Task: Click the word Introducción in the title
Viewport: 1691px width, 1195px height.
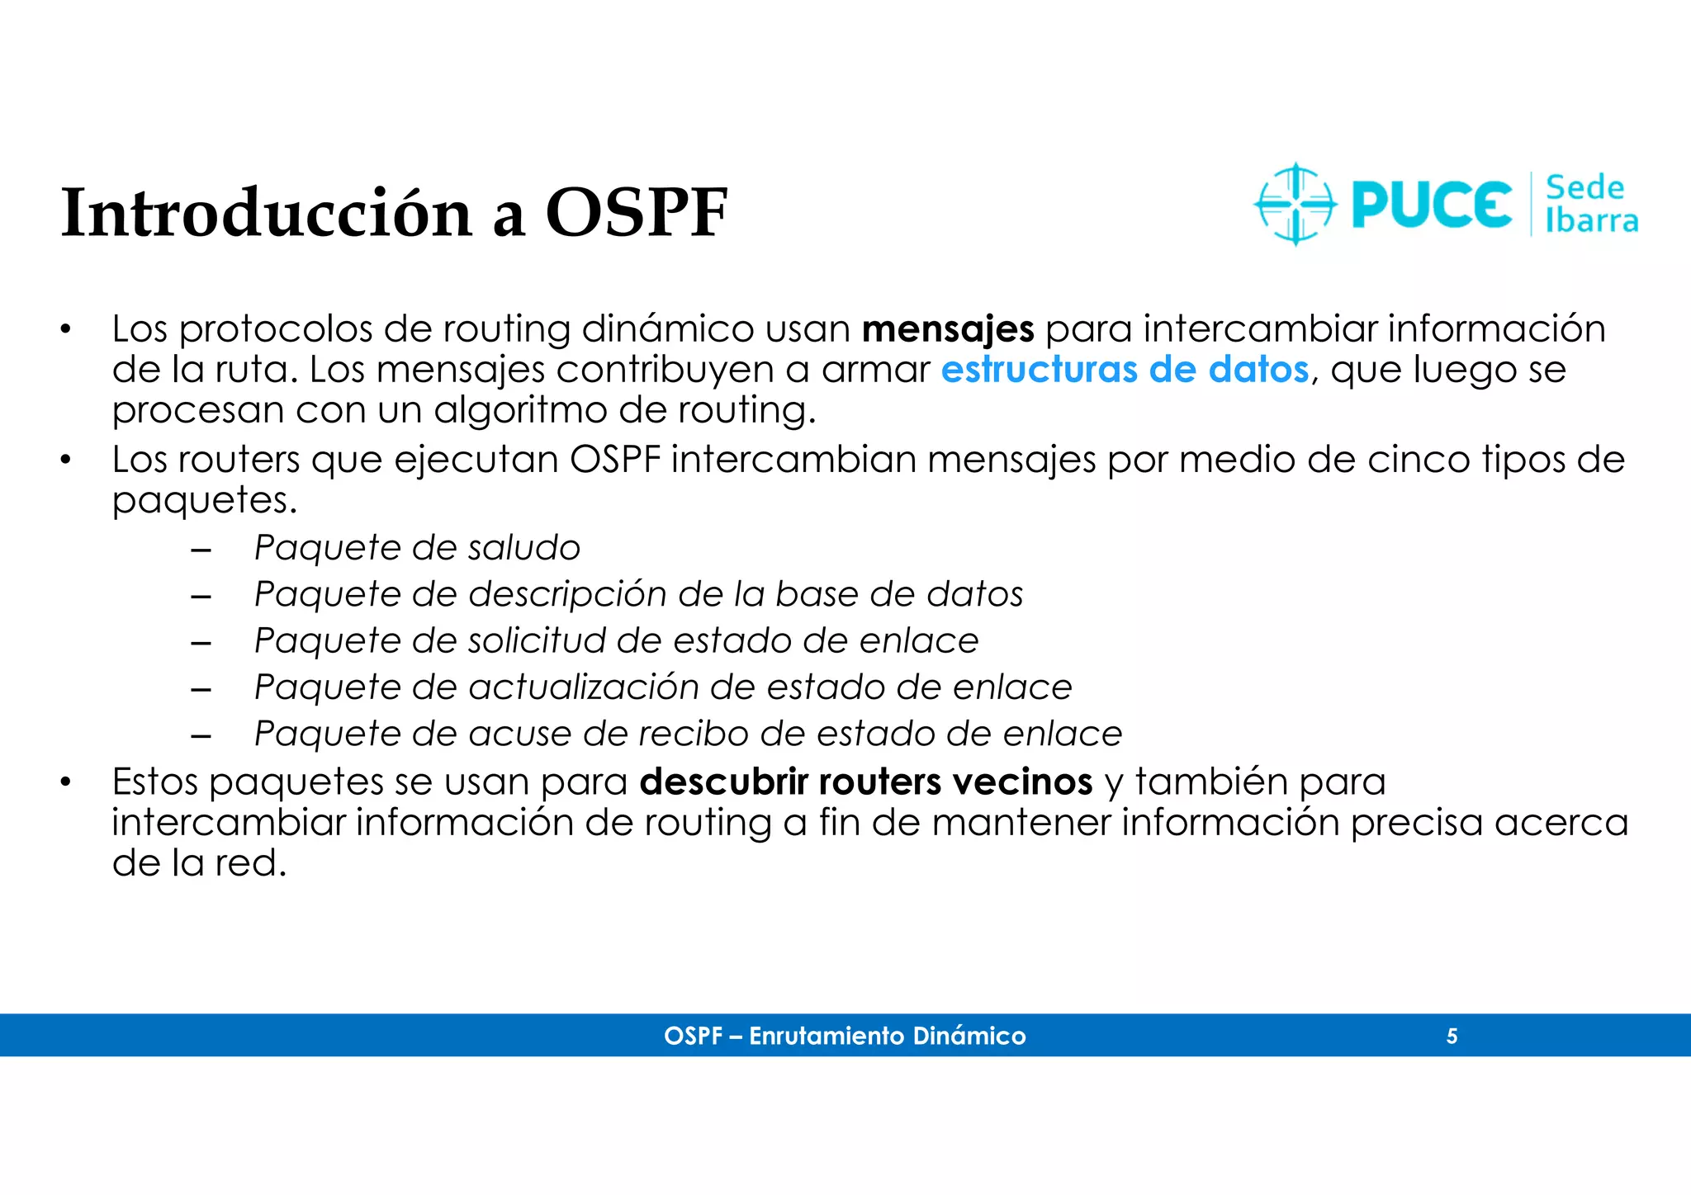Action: click(266, 213)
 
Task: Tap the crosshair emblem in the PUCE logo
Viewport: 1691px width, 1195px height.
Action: click(1295, 204)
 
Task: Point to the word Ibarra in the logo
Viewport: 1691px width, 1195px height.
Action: click(1591, 221)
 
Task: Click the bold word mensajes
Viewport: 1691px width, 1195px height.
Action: click(947, 329)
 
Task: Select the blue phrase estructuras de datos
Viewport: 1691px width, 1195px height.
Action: click(1125, 370)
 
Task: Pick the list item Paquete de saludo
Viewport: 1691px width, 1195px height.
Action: click(417, 548)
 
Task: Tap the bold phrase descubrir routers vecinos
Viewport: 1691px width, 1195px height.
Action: click(865, 782)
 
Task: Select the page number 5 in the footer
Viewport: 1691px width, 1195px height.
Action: click(1452, 1036)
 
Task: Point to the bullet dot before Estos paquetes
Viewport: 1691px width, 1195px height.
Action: click(65, 782)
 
